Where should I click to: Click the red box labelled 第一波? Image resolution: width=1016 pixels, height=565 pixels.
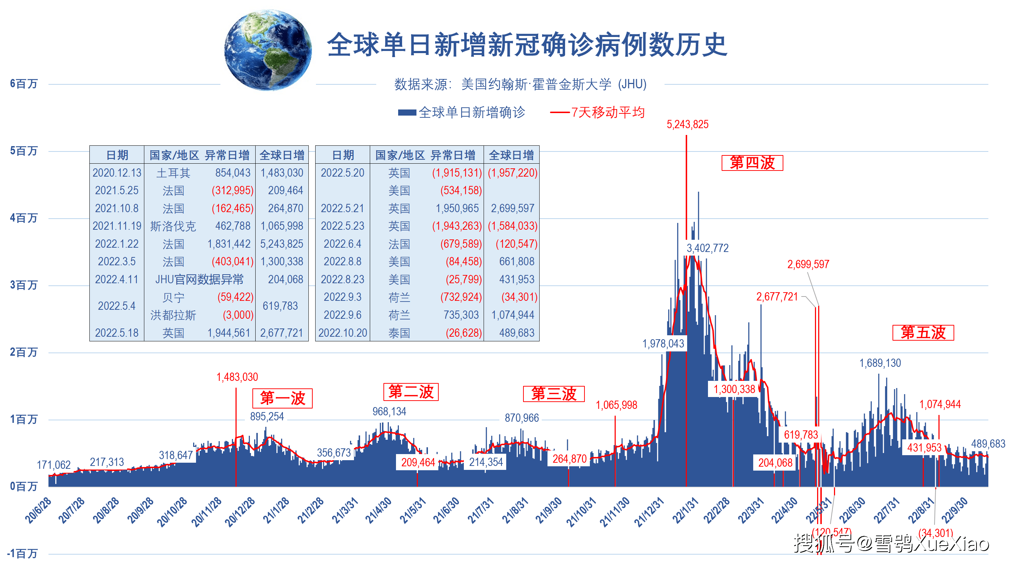(283, 398)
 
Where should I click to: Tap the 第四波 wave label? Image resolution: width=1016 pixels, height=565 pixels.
(752, 163)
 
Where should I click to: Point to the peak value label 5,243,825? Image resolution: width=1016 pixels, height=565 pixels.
(687, 125)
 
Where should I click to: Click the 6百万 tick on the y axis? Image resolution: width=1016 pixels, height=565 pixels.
(24, 84)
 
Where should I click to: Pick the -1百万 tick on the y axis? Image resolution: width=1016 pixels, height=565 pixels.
(22, 553)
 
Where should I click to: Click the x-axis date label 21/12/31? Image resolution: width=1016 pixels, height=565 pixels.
(649, 512)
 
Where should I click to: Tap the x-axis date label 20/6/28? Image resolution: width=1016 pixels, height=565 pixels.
(38, 510)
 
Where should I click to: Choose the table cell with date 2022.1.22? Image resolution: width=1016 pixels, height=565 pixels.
(117, 244)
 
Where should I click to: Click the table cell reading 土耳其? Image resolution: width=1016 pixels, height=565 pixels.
(173, 173)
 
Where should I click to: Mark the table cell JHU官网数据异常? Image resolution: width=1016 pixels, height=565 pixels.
(199, 280)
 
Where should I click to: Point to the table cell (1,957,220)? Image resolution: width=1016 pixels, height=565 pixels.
(512, 173)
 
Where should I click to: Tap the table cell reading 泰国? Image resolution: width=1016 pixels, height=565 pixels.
(399, 333)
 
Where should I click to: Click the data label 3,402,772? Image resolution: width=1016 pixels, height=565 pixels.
(707, 248)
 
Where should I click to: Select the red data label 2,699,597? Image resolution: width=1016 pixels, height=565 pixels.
(808, 264)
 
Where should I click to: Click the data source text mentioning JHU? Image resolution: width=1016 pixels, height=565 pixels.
(520, 84)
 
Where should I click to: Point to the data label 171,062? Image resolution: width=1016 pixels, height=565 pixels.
(53, 465)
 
